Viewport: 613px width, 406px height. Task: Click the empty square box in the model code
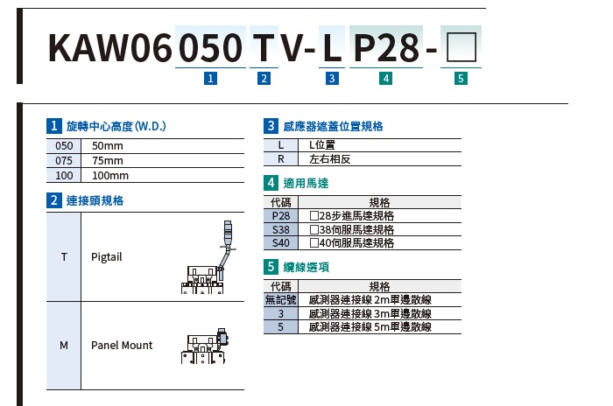click(461, 47)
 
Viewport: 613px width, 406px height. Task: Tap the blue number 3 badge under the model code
click(332, 78)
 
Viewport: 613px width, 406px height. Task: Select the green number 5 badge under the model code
click(461, 78)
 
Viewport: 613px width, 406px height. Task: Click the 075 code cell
click(64, 161)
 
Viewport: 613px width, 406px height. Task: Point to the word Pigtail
click(106, 256)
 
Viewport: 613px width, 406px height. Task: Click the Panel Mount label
click(122, 345)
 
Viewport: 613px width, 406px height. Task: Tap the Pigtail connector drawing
click(208, 257)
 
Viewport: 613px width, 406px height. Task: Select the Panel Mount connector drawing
click(204, 346)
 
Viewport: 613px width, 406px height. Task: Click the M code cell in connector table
click(64, 346)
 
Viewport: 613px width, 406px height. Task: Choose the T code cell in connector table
click(64, 256)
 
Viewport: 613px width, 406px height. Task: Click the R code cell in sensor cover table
click(281, 159)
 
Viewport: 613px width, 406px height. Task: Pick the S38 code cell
click(281, 229)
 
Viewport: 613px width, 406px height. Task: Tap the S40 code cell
click(281, 242)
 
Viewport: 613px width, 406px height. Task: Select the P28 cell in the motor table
click(281, 216)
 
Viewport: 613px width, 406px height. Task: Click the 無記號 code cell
click(281, 300)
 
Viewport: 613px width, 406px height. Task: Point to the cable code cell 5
click(281, 326)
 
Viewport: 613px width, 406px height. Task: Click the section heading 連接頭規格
click(95, 200)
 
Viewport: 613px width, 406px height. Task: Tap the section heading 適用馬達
click(306, 183)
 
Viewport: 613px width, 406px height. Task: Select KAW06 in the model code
click(109, 47)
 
